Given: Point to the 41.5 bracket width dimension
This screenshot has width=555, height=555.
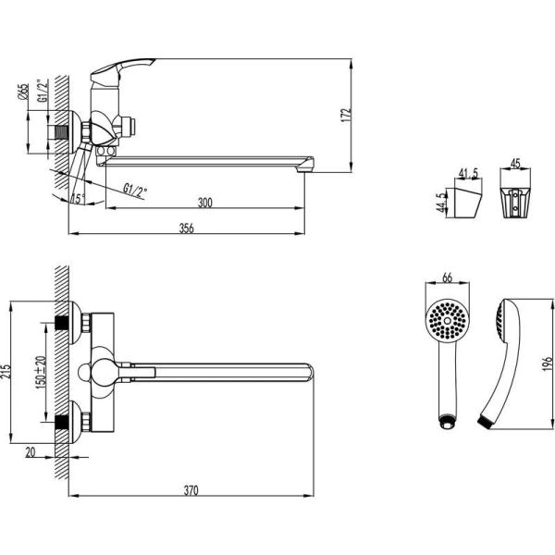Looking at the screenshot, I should (x=467, y=173).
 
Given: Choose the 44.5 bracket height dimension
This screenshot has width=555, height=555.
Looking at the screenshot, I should (x=439, y=203).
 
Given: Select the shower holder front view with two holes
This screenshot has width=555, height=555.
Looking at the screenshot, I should (x=516, y=202).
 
